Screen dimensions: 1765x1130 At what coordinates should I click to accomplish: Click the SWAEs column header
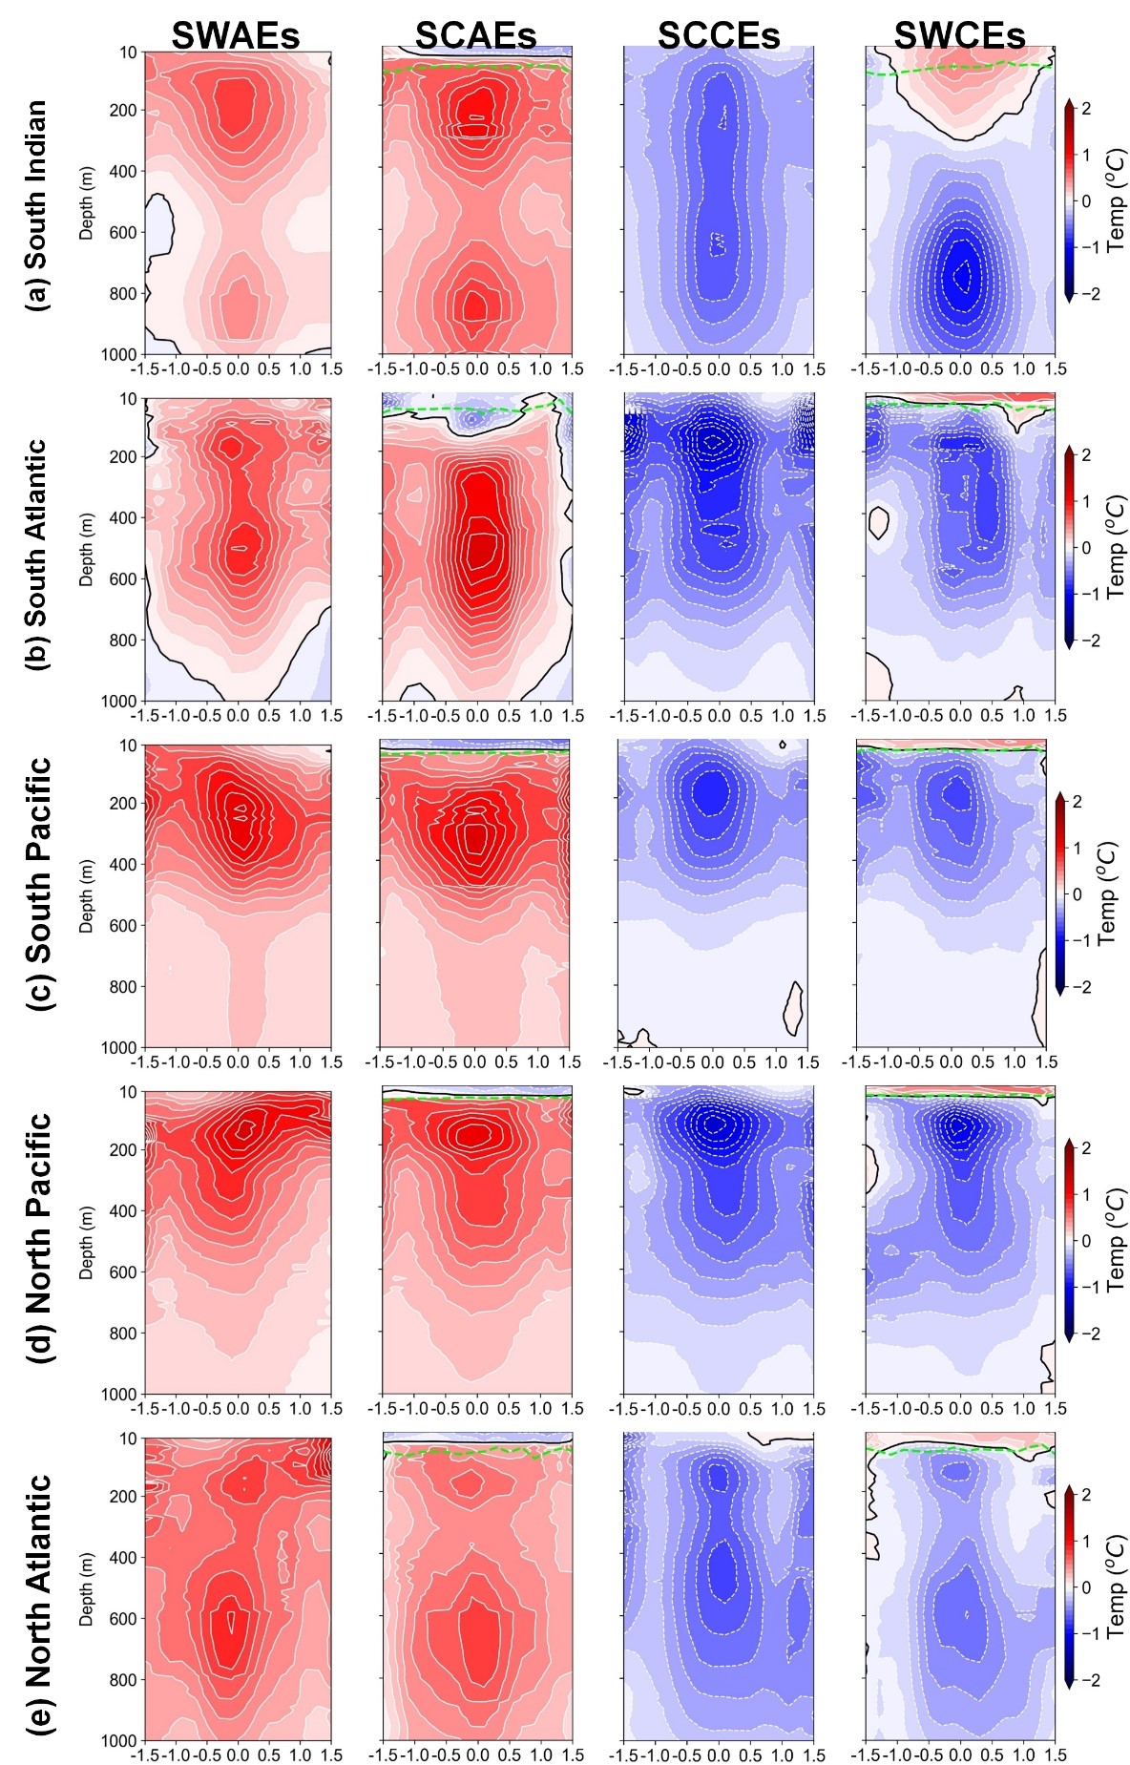pyautogui.click(x=236, y=36)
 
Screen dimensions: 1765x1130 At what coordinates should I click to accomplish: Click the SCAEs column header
pyautogui.click(x=475, y=36)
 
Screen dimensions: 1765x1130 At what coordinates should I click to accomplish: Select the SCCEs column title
pyautogui.click(x=718, y=36)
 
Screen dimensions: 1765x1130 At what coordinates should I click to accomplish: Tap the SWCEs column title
pyautogui.click(x=959, y=36)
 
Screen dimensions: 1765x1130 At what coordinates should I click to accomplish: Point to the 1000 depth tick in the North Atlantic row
pyautogui.click(x=120, y=1740)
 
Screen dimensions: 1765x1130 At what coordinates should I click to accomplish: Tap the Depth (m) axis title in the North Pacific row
pyautogui.click(x=87, y=1242)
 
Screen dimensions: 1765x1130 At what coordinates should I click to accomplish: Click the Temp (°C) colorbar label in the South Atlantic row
pyautogui.click(x=1116, y=546)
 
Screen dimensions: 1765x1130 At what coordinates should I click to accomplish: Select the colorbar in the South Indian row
pyautogui.click(x=1069, y=200)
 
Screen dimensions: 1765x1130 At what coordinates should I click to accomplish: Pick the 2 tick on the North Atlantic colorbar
pyautogui.click(x=1085, y=1494)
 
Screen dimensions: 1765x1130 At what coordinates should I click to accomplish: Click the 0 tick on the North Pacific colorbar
pyautogui.click(x=1085, y=1240)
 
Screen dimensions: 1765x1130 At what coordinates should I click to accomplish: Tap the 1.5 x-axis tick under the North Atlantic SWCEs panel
pyautogui.click(x=1055, y=1754)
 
